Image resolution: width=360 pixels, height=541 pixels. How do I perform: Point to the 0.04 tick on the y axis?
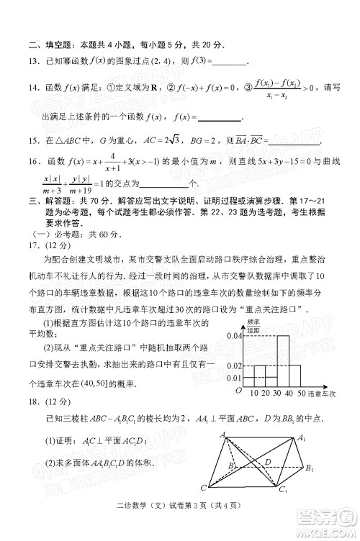tap(234, 337)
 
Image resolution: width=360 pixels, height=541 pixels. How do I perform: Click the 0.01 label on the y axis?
tap(234, 378)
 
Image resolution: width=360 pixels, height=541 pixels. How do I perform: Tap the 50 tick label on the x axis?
tap(301, 394)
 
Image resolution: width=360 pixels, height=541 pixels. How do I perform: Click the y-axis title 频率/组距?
tap(253, 326)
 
